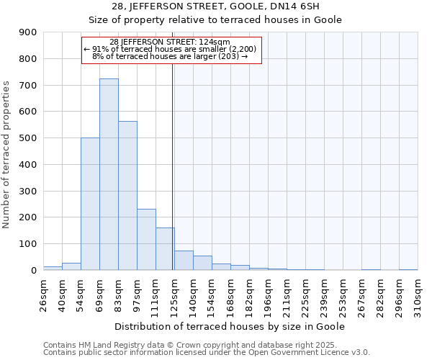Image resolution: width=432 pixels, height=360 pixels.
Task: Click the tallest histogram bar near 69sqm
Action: [109, 174]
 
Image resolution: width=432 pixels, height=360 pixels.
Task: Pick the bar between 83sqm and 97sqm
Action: [127, 195]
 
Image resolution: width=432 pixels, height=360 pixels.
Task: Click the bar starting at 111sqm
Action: [165, 248]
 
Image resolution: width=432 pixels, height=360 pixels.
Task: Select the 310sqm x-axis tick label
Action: [422, 295]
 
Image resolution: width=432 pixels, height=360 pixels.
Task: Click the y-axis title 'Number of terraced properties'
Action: [7, 154]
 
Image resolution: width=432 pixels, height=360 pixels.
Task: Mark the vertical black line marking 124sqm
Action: [173, 166]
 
